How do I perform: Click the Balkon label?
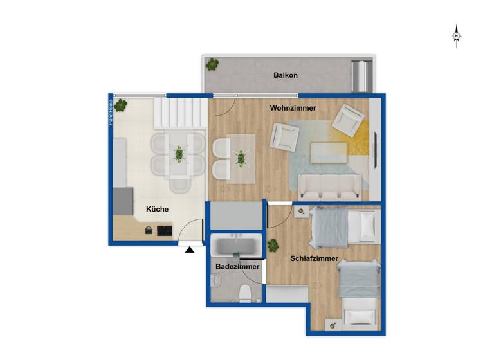(x=286, y=75)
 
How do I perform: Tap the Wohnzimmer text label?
(x=293, y=108)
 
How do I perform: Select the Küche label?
(x=158, y=209)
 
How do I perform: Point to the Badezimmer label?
(x=237, y=266)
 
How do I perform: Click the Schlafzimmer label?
(x=315, y=258)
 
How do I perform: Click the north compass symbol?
(x=456, y=36)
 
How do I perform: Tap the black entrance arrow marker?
(x=190, y=249)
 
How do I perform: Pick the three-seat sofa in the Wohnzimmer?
(x=327, y=187)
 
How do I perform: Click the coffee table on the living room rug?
(x=329, y=153)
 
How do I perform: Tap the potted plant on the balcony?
(x=212, y=64)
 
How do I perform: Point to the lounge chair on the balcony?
(x=361, y=76)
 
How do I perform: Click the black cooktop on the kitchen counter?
(x=165, y=230)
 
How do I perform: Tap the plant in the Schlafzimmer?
(x=273, y=245)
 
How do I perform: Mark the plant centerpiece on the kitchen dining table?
(x=179, y=154)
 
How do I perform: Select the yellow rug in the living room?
(x=362, y=138)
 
